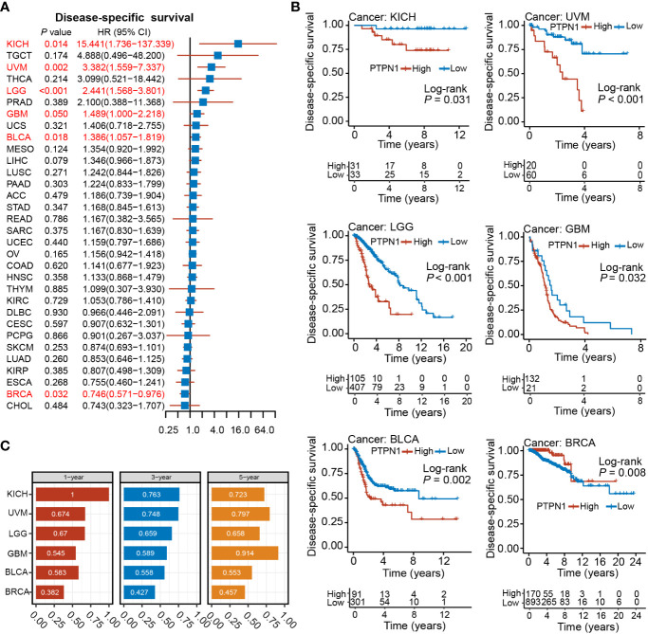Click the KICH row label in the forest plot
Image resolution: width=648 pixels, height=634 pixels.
click(x=19, y=45)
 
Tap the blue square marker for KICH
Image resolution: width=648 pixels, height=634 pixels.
click(x=238, y=44)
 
